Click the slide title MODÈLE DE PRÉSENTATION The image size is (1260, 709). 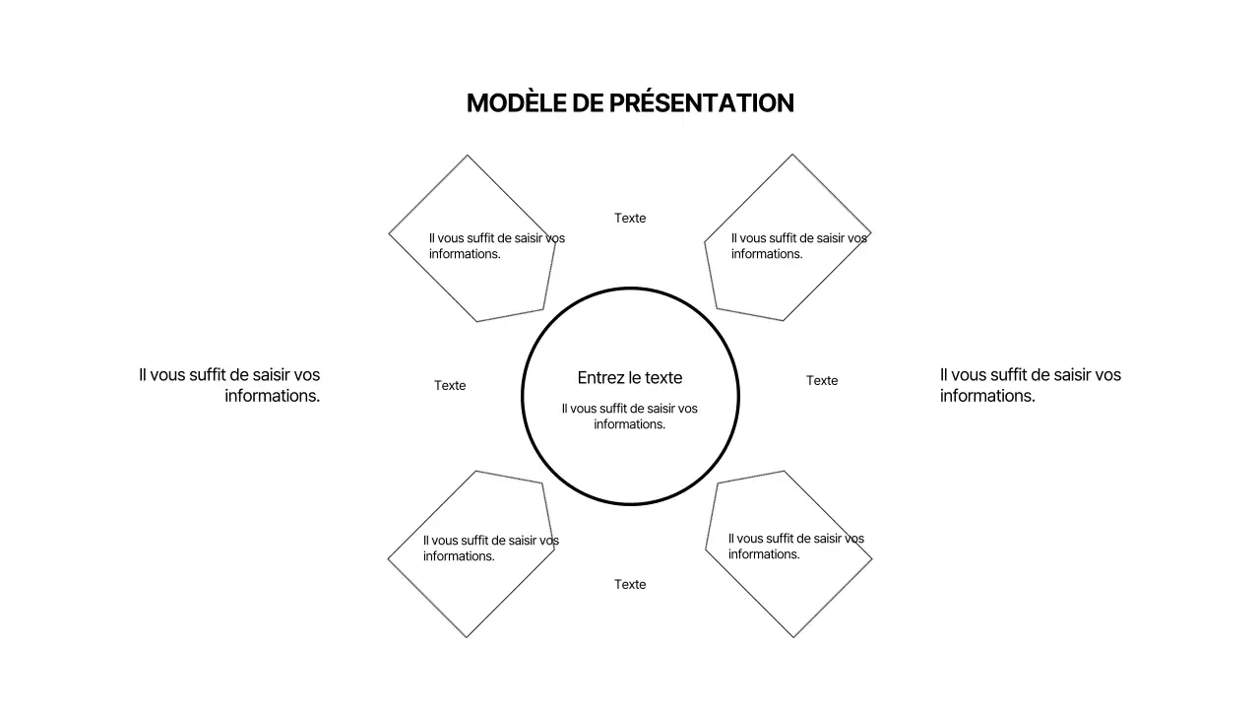coord(630,103)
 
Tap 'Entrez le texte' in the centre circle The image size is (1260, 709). coord(630,378)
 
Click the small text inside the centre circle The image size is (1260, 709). coord(630,417)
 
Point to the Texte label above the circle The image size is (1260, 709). coord(630,219)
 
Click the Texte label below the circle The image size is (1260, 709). coord(630,585)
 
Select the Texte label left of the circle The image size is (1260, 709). coord(450,386)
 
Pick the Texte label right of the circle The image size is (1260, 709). coord(822,381)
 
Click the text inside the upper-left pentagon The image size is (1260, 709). coord(496,246)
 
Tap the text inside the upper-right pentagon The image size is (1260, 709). coord(798,246)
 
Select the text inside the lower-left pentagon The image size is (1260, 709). coord(490,548)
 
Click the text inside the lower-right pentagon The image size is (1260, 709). coord(795,547)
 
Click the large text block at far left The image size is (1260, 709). coord(229,385)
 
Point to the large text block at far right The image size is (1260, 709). coord(1030,385)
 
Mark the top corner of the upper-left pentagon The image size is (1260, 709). coord(468,156)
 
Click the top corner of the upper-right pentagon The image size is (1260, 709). coord(792,155)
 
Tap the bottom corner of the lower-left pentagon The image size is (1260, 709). coord(467,637)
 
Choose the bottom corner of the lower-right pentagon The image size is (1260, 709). coord(793,637)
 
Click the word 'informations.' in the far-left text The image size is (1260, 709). coord(273,396)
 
